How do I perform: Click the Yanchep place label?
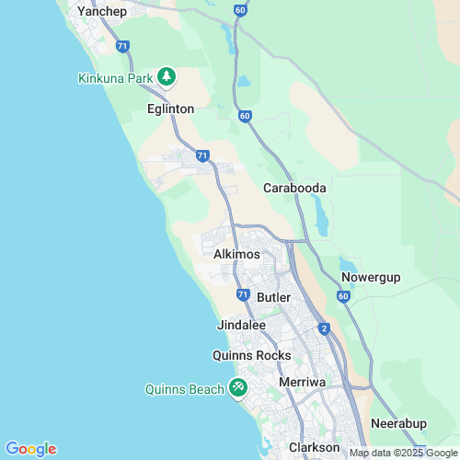click(101, 11)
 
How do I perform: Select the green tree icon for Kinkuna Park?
click(167, 76)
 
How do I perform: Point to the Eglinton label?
click(170, 109)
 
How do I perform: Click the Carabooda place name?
click(295, 188)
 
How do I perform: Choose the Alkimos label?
click(236, 254)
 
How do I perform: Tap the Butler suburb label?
click(274, 297)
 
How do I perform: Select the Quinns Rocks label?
click(251, 355)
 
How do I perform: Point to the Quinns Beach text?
click(184, 389)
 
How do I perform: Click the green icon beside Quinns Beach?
click(238, 388)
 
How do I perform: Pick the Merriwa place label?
click(303, 381)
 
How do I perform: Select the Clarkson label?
click(315, 447)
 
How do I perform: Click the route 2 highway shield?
click(324, 328)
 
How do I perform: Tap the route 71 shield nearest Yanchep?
click(123, 45)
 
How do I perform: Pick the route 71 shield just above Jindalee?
click(242, 294)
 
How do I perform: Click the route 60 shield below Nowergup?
click(343, 297)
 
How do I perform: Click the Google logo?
click(30, 449)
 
